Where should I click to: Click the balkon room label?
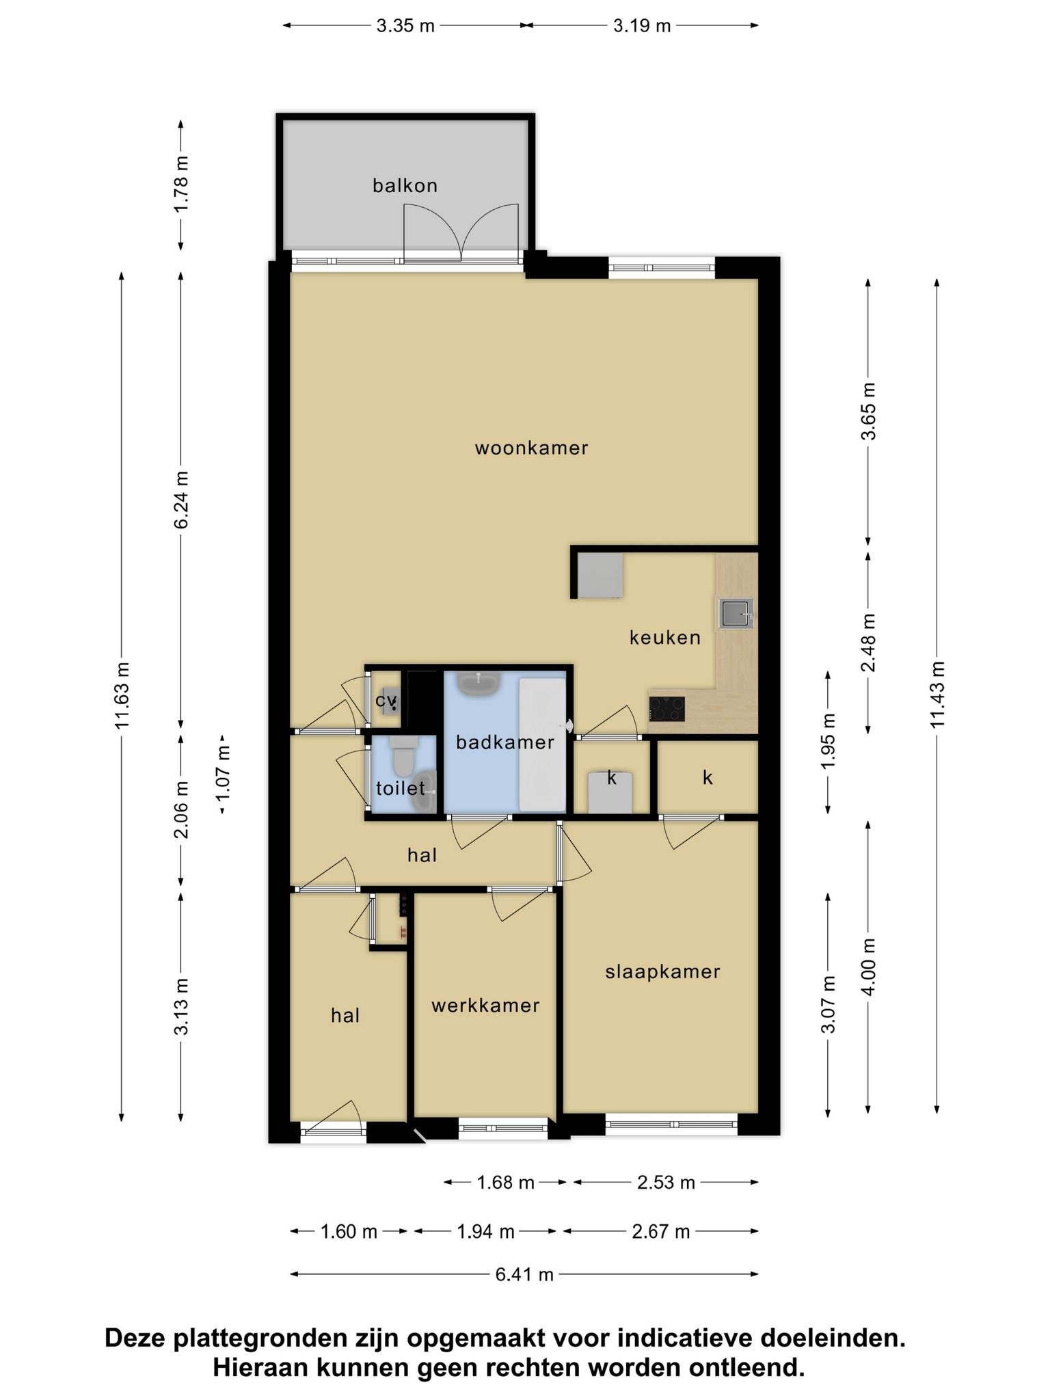[x=405, y=185]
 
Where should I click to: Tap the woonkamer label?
[x=532, y=448]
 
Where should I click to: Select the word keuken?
[x=665, y=638]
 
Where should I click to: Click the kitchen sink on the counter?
[x=736, y=612]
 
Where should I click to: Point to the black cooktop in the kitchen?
[x=667, y=708]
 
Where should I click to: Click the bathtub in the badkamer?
[x=542, y=744]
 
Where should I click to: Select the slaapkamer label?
[x=663, y=972]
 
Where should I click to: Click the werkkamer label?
[x=485, y=1006]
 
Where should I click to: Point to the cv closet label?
[x=386, y=701]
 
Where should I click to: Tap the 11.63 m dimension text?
[x=122, y=695]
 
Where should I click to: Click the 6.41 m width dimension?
[x=524, y=1274]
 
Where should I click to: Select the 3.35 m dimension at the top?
[x=405, y=26]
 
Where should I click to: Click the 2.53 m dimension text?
[x=666, y=1182]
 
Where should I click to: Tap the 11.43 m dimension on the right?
[x=937, y=695]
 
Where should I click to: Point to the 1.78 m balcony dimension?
[x=181, y=185]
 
